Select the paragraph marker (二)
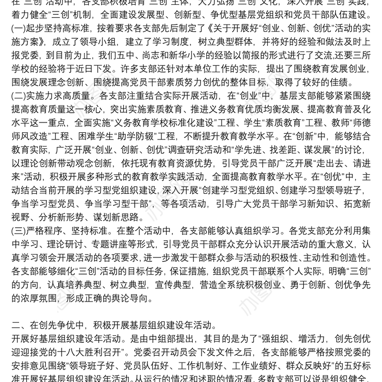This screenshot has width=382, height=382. point(20,95)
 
